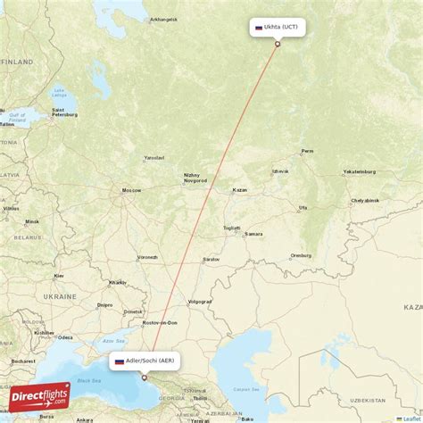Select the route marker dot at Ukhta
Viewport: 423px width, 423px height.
[277, 44]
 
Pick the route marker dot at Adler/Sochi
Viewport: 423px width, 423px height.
[144, 377]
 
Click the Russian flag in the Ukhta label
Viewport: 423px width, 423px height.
[259, 28]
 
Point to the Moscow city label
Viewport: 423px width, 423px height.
[132, 190]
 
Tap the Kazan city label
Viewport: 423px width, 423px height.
[238, 190]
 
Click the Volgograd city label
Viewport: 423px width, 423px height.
[200, 301]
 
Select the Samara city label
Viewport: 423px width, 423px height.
[254, 234]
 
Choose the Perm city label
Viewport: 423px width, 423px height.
[308, 151]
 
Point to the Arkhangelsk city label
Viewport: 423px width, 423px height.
[163, 19]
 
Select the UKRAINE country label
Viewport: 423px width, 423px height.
[61, 295]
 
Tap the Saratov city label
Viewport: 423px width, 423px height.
[211, 259]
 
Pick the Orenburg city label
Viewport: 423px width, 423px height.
[300, 255]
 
